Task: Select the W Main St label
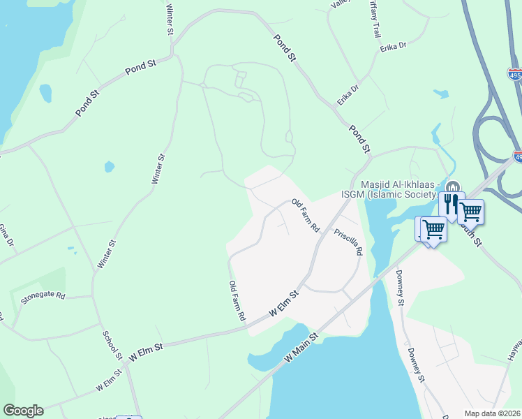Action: (301, 348)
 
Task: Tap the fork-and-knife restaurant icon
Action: (450, 204)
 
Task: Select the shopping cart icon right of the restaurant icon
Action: (471, 210)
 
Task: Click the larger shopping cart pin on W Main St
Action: (433, 228)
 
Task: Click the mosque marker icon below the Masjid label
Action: (453, 186)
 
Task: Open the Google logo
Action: (23, 411)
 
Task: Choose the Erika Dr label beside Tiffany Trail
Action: (393, 47)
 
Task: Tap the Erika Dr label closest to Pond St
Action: (348, 94)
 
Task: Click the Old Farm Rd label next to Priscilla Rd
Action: (306, 216)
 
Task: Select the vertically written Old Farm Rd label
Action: (237, 300)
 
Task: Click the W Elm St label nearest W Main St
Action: (284, 304)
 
